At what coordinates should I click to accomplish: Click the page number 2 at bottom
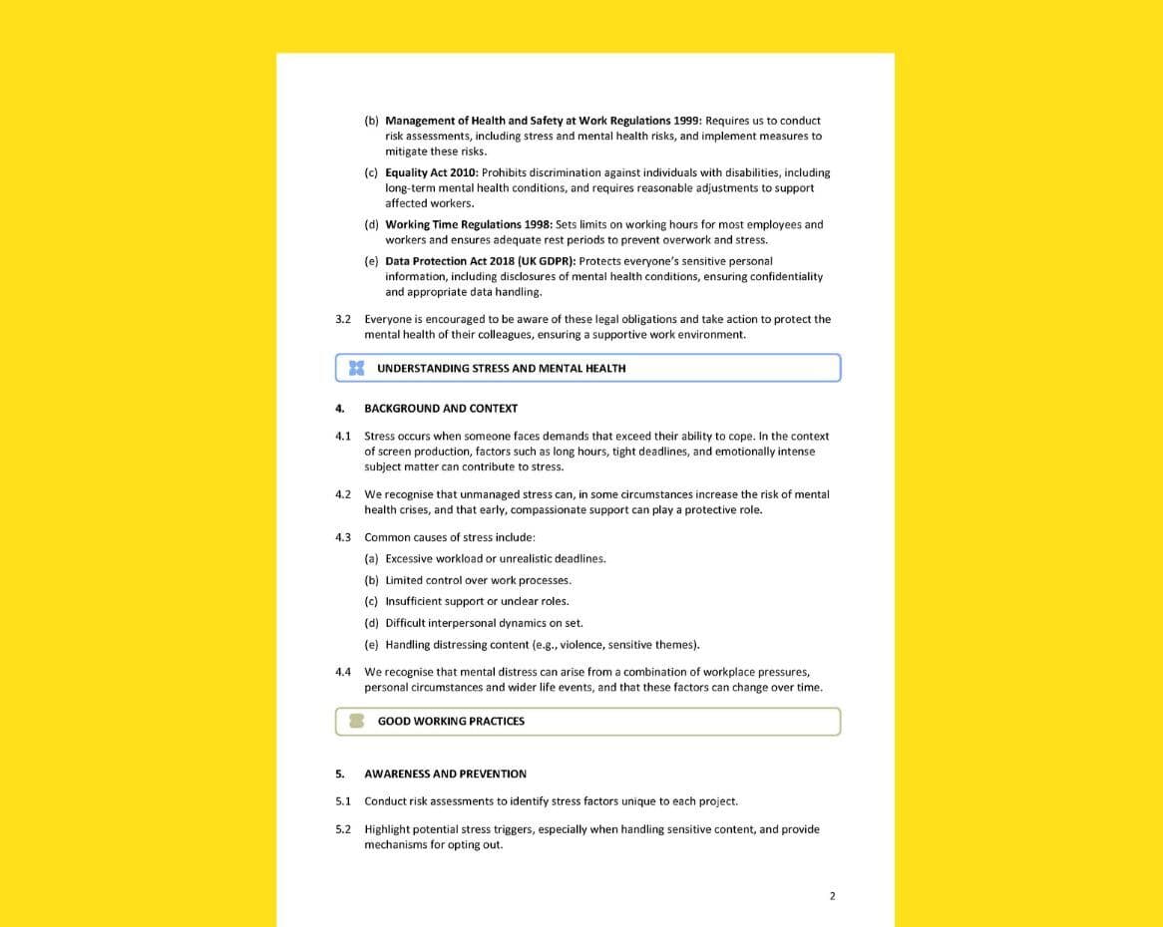coord(832,895)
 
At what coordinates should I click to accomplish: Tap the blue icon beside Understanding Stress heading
coord(356,368)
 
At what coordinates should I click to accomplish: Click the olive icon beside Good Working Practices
coord(356,721)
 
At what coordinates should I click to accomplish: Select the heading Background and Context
coord(441,408)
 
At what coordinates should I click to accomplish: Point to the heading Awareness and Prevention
coord(445,773)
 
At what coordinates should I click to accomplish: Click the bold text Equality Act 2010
coord(431,172)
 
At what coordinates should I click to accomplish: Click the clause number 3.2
coord(343,319)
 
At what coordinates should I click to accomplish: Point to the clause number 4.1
coord(343,436)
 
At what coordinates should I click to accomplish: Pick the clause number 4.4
coord(343,672)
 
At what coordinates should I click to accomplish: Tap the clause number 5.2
coord(343,829)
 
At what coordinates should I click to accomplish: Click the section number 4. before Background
coord(340,408)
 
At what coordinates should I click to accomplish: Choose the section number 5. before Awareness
coord(340,773)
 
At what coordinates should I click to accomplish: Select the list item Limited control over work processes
coord(478,580)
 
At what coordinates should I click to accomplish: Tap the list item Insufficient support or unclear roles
coord(477,601)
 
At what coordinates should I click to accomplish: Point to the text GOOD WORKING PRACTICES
coord(451,721)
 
